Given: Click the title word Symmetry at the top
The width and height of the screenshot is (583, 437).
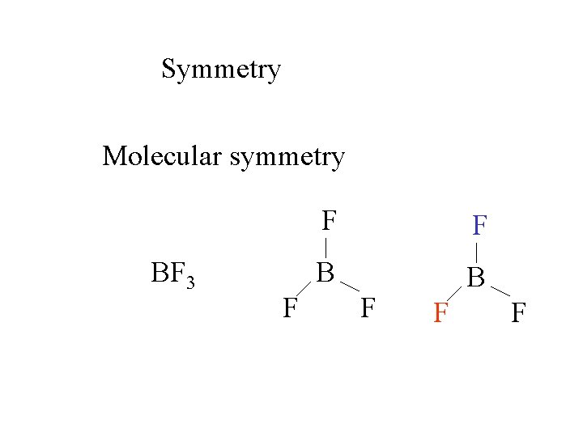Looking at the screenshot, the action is coord(221,70).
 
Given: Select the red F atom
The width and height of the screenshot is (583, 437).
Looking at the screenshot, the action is coord(440,312).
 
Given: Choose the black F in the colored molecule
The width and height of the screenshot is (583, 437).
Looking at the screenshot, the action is coord(518,312).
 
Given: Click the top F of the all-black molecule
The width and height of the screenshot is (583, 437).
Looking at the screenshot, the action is coord(328,220).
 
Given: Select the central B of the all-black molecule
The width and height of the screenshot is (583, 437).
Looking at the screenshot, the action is coord(326,273).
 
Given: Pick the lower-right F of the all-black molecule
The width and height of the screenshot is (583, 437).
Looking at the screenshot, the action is coord(368,307).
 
